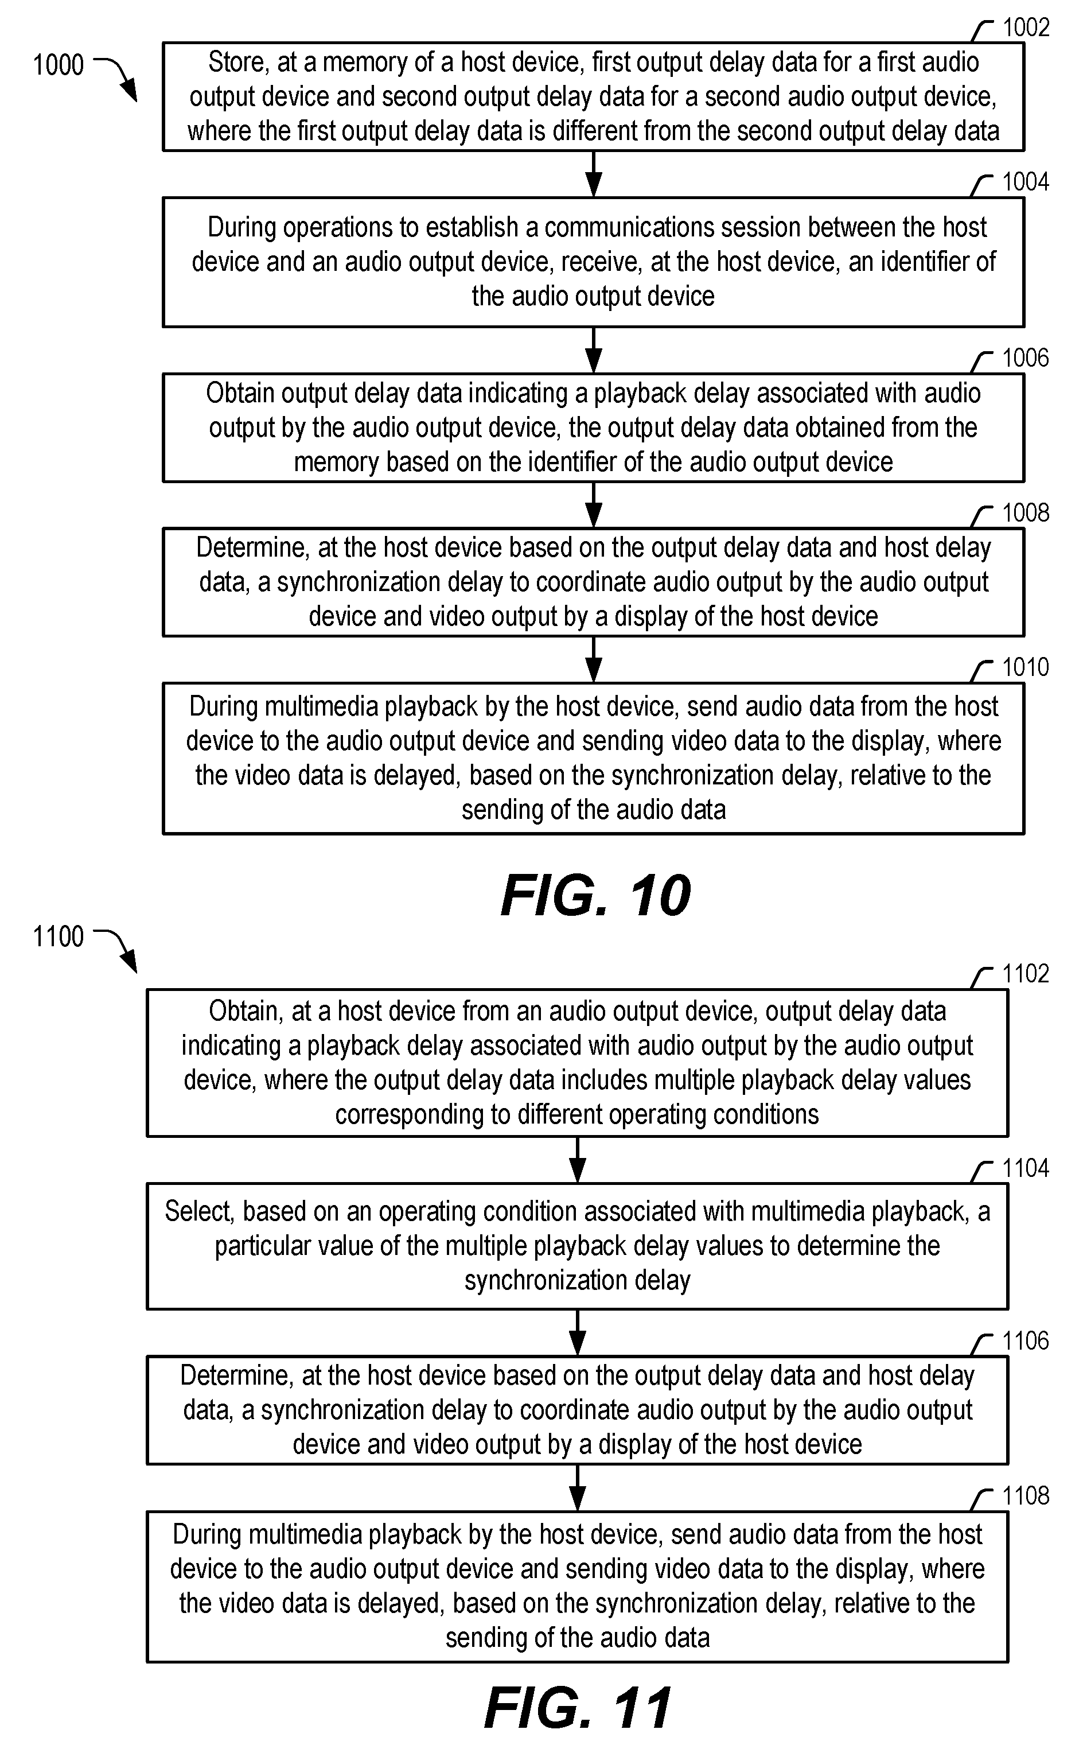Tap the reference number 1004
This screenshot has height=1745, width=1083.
click(x=1026, y=182)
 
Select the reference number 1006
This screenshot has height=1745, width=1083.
click(x=1026, y=357)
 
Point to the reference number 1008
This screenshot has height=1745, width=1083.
click(x=1026, y=512)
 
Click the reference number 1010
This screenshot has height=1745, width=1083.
click(x=1026, y=667)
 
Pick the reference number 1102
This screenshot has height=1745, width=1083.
click(x=1026, y=974)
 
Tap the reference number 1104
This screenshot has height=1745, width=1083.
click(x=1026, y=1168)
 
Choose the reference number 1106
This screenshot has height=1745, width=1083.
click(x=1026, y=1341)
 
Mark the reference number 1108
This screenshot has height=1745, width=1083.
click(x=1026, y=1496)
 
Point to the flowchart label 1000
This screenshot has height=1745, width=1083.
click(x=59, y=65)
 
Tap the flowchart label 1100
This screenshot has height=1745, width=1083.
click(x=59, y=936)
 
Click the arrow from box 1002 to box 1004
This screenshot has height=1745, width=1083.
click(x=594, y=174)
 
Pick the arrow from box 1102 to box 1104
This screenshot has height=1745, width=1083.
click(x=577, y=1160)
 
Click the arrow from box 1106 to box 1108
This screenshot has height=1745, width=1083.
click(x=577, y=1488)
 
